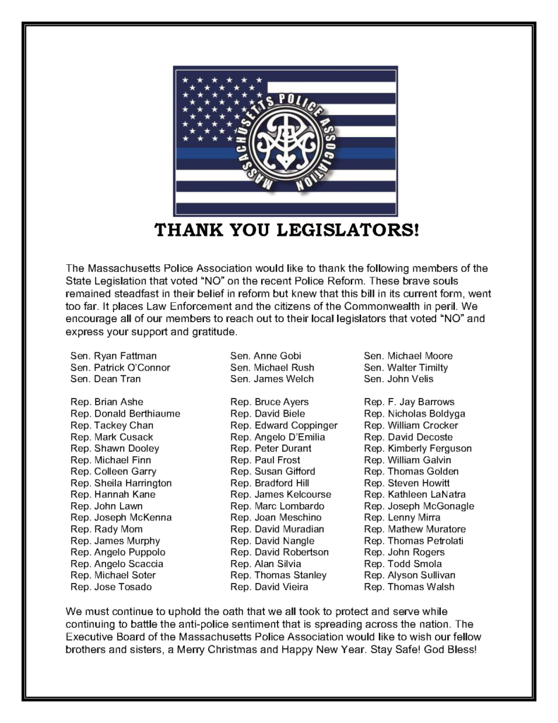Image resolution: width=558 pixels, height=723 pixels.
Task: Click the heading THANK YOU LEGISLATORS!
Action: (286, 231)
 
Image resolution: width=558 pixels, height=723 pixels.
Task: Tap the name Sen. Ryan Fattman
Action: (114, 356)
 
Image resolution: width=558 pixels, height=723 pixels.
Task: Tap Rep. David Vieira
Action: (269, 587)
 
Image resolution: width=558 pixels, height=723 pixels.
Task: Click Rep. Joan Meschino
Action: (271, 518)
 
